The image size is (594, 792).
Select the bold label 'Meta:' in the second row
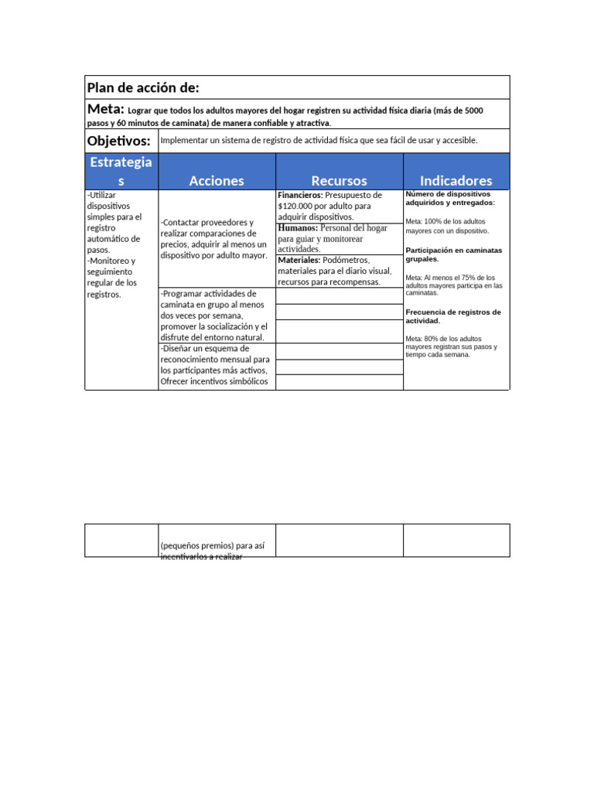[x=106, y=110]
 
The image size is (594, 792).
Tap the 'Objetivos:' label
[x=118, y=141]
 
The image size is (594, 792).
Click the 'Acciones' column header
[x=217, y=180]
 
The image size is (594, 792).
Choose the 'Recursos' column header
[x=339, y=180]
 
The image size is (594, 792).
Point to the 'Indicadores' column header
[x=456, y=180]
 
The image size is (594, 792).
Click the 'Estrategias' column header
[x=121, y=171]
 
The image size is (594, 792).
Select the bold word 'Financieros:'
[x=300, y=196]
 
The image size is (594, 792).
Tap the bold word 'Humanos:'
[x=297, y=228]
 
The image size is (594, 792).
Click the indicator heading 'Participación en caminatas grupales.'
[x=453, y=254]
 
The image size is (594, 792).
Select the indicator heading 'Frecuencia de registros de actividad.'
[x=453, y=316]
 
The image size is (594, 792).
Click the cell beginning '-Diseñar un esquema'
[x=215, y=364]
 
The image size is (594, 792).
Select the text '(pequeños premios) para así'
[x=212, y=545]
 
